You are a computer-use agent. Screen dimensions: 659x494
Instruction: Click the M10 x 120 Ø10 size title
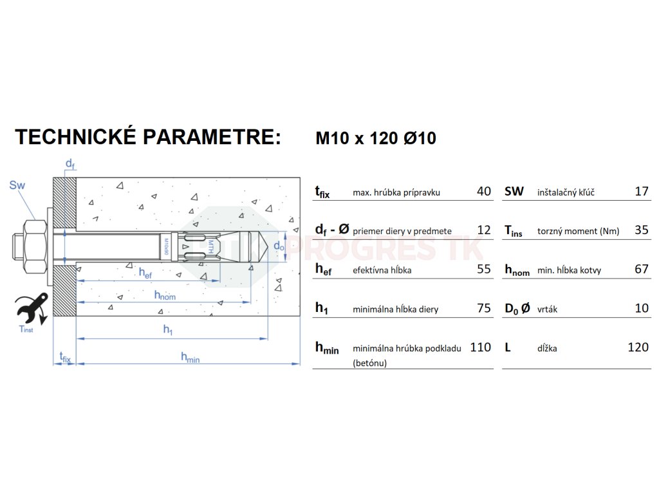(x=376, y=138)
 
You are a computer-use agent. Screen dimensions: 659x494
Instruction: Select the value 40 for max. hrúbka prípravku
(x=484, y=191)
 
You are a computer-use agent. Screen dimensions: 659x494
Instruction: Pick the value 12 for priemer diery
(x=484, y=230)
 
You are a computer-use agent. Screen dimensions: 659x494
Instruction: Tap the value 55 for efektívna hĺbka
(x=484, y=269)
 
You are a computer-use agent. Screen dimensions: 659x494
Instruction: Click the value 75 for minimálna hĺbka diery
(x=484, y=308)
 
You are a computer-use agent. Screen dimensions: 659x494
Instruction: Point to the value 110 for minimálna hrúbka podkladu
(x=480, y=347)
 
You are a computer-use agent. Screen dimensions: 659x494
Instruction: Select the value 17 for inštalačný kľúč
(x=642, y=191)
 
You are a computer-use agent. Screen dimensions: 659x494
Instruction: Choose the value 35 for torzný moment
(x=642, y=230)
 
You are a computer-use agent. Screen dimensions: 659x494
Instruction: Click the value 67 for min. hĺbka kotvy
(x=642, y=269)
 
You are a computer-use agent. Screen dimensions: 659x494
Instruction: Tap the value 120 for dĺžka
(x=638, y=347)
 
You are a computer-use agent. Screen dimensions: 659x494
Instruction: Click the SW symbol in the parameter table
(x=514, y=191)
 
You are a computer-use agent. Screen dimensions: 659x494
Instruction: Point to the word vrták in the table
(x=547, y=309)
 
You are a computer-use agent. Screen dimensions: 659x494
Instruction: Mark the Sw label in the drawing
(x=17, y=186)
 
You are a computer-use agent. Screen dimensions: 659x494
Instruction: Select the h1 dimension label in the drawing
(x=168, y=329)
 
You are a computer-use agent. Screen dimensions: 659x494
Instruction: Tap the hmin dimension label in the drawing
(x=190, y=357)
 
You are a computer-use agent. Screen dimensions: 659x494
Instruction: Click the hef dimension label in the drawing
(x=145, y=272)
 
